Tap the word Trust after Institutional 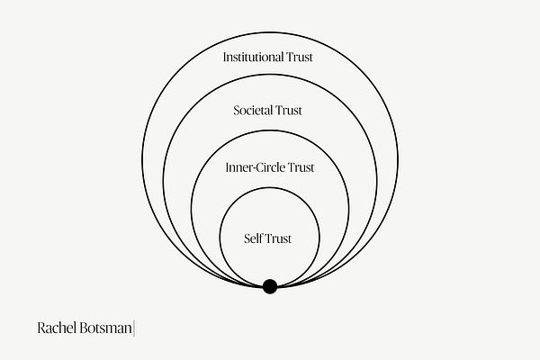tap(301, 57)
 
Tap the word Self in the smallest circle tap(255, 238)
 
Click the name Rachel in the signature tap(58, 328)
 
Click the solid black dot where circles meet tap(269, 287)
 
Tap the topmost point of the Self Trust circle tap(269, 186)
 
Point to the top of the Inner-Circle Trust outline tap(269, 131)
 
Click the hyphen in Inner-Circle tap(246, 168)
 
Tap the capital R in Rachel tap(41, 328)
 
